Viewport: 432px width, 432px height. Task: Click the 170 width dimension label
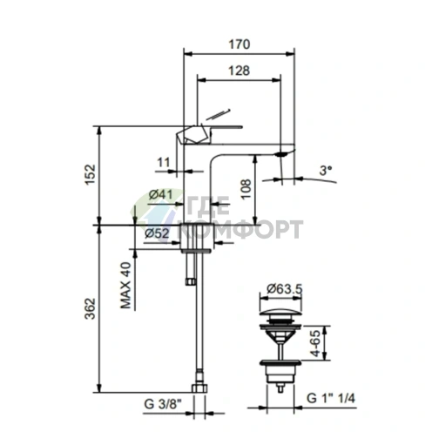239,44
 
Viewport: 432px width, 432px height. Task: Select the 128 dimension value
239,71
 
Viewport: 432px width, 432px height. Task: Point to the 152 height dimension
90,175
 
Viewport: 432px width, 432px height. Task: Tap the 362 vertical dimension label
90,308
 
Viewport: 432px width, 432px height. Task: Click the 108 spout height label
246,189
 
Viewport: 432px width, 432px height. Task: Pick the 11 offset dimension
163,162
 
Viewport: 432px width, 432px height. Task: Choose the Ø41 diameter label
160,194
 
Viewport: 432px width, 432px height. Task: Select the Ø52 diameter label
157,233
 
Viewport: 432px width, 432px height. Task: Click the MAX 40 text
125,286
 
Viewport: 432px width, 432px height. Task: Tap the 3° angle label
326,171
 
